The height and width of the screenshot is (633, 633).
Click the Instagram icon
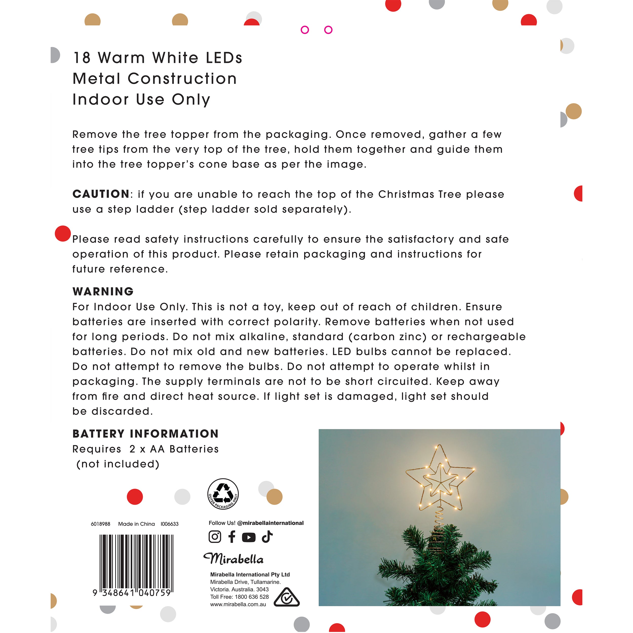click(215, 537)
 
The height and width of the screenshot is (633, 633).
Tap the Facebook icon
click(232, 537)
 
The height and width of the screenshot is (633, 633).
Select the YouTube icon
click(249, 537)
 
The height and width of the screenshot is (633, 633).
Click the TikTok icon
click(267, 537)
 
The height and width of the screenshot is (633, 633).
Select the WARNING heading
click(103, 291)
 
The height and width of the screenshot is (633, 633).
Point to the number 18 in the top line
click(82, 58)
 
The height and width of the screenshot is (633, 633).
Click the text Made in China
click(136, 524)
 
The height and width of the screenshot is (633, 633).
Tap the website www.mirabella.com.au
click(238, 604)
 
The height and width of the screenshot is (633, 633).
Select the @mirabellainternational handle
click(270, 523)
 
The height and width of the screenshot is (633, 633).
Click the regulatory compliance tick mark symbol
click(286, 597)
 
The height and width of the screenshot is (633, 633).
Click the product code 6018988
click(100, 524)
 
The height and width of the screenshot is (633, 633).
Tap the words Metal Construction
click(155, 79)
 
